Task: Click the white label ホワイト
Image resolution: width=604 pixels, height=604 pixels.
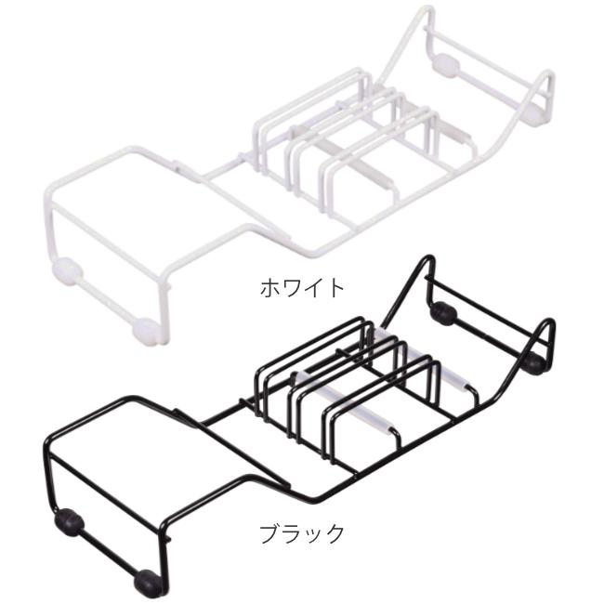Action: [301, 285]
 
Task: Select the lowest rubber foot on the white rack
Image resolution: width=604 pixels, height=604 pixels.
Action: [143, 328]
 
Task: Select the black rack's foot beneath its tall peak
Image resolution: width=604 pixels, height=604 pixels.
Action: [444, 313]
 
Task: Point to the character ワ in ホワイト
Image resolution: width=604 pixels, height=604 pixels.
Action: [291, 285]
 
